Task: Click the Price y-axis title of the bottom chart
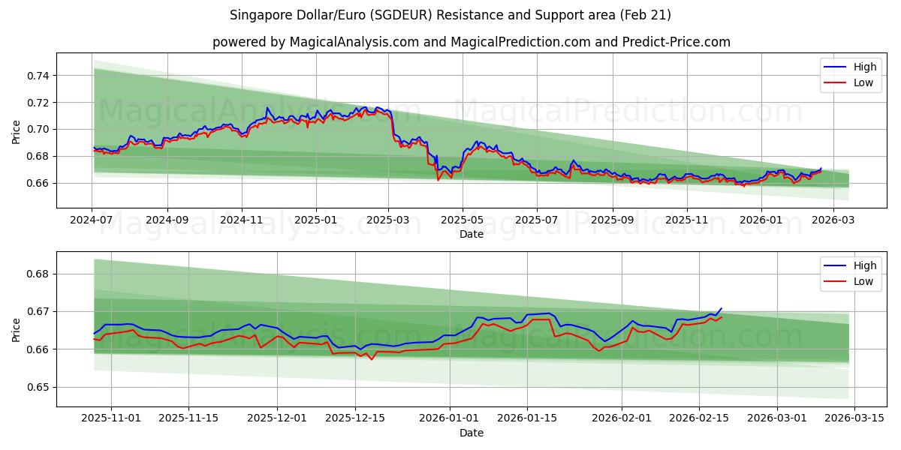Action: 16,329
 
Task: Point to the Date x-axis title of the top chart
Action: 471,235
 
